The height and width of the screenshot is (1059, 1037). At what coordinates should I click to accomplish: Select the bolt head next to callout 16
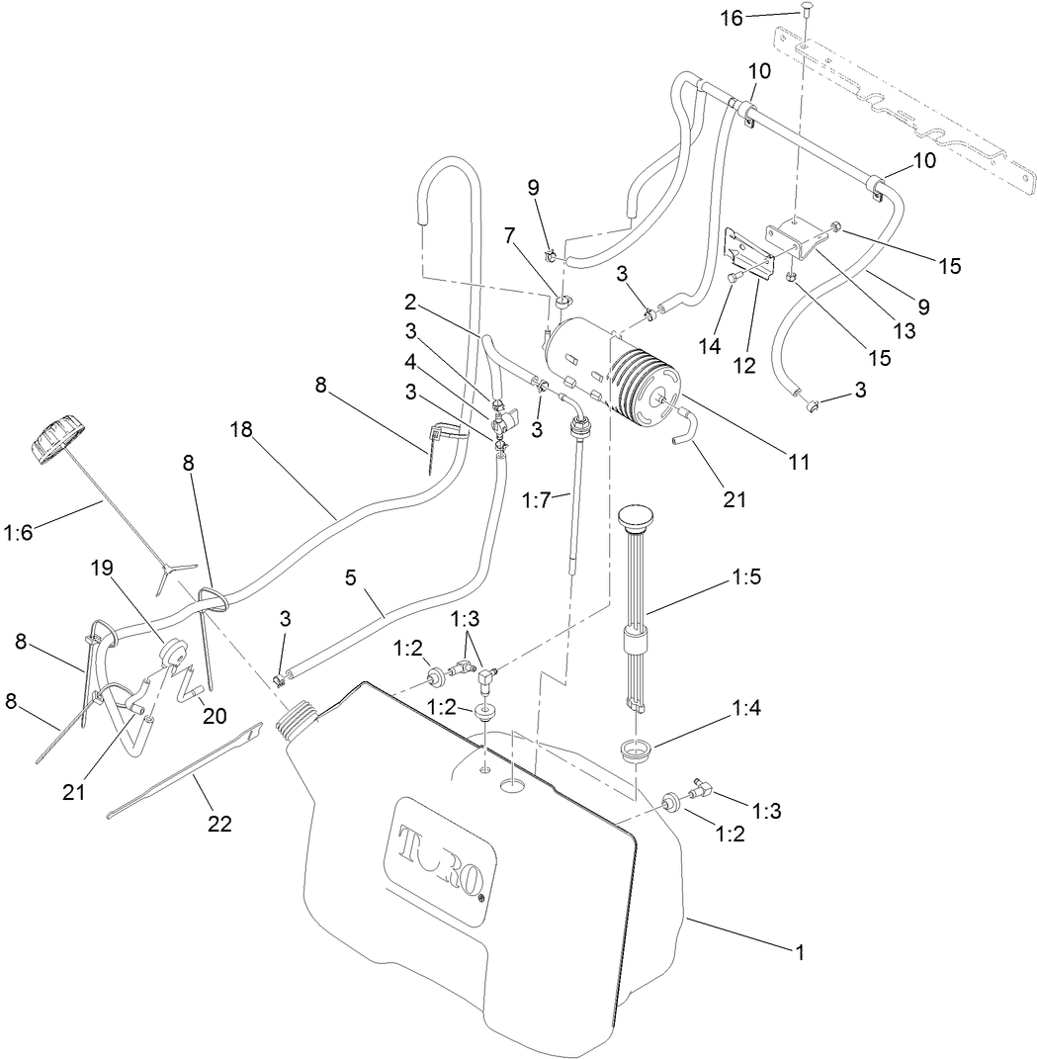[x=806, y=17]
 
